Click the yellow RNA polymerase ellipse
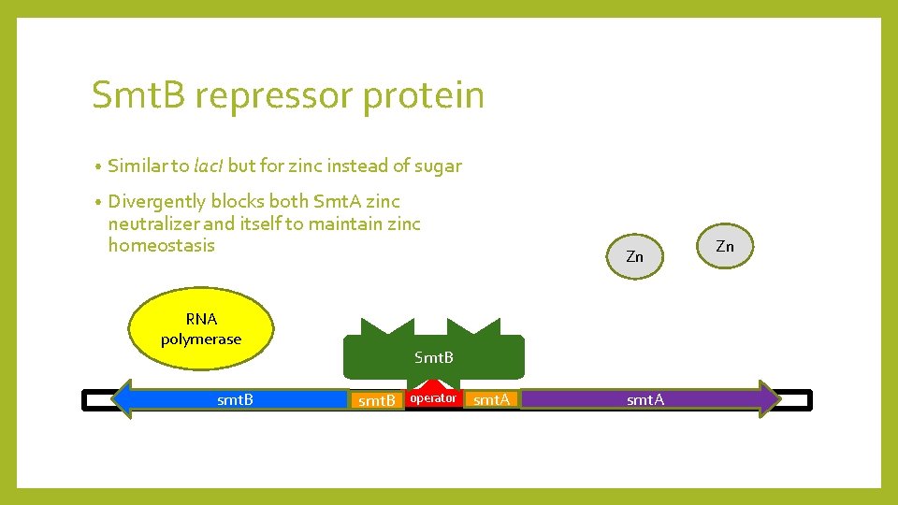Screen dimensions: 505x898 point(201,328)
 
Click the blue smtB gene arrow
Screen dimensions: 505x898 point(234,399)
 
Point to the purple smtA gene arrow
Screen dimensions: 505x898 point(645,399)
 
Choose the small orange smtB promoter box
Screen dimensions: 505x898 point(377,400)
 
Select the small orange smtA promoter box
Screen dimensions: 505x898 point(491,400)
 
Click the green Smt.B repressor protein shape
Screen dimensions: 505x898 point(433,356)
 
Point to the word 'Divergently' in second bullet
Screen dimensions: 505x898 point(156,201)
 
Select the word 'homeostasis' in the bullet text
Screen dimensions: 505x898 point(161,245)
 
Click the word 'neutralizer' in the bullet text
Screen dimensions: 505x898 point(153,224)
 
